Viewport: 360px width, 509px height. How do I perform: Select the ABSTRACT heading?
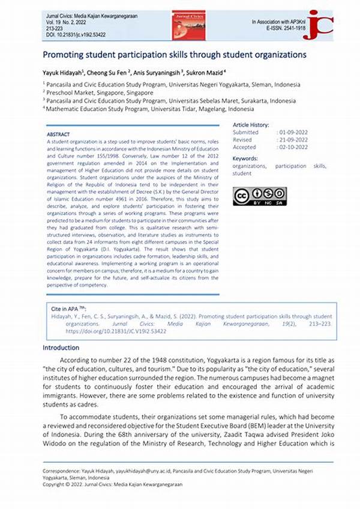59,134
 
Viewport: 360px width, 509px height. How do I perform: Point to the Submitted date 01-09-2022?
292,131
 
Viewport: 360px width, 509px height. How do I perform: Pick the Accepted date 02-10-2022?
292,147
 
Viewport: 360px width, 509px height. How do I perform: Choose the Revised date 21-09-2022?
292,139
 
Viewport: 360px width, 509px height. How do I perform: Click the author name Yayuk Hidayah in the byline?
63,72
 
